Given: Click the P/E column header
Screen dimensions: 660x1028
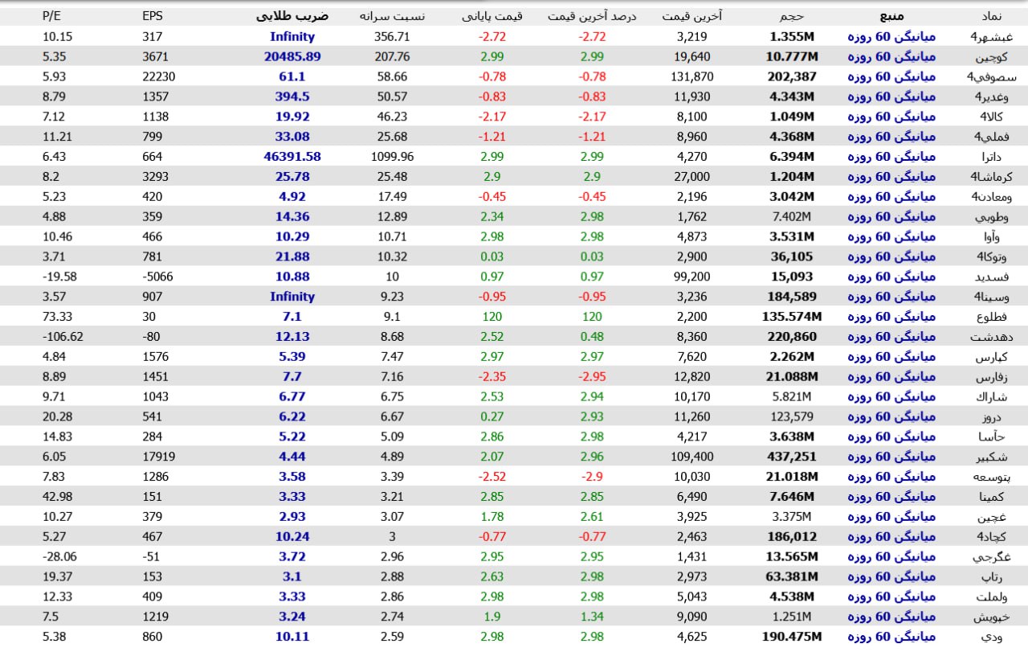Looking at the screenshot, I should [53, 15].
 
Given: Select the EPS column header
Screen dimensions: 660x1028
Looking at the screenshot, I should [152, 15].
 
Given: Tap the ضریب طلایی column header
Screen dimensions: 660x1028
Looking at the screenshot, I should [292, 15].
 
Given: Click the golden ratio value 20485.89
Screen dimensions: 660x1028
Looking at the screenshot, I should [292, 56].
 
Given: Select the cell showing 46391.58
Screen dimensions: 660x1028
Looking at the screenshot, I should [292, 157].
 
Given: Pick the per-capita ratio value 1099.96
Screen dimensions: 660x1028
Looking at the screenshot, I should [394, 157].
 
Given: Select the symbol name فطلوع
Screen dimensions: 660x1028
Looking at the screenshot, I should [987, 317].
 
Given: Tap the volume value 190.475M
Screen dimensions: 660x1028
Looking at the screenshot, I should [791, 637].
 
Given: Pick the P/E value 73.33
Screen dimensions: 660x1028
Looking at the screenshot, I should [57, 317].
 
